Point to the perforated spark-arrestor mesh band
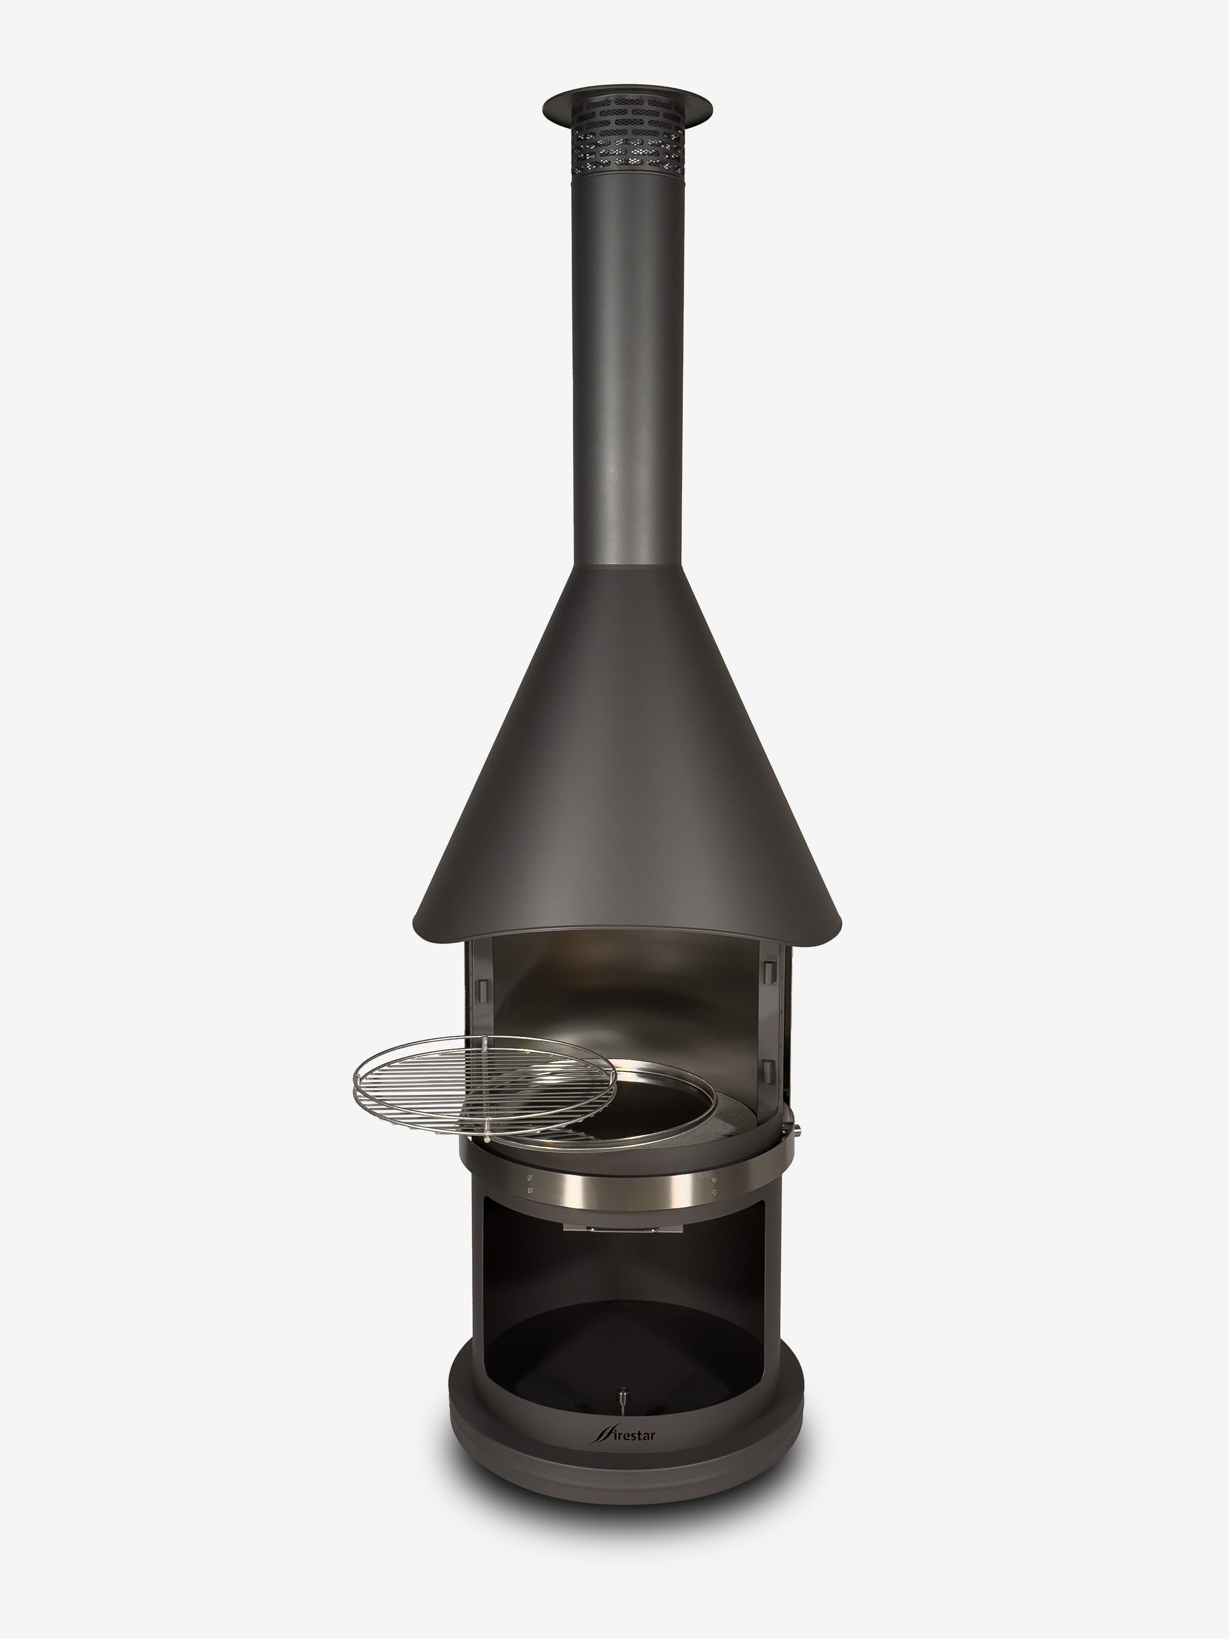click(628, 142)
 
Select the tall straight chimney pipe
click(628, 370)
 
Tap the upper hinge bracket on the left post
click(484, 988)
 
